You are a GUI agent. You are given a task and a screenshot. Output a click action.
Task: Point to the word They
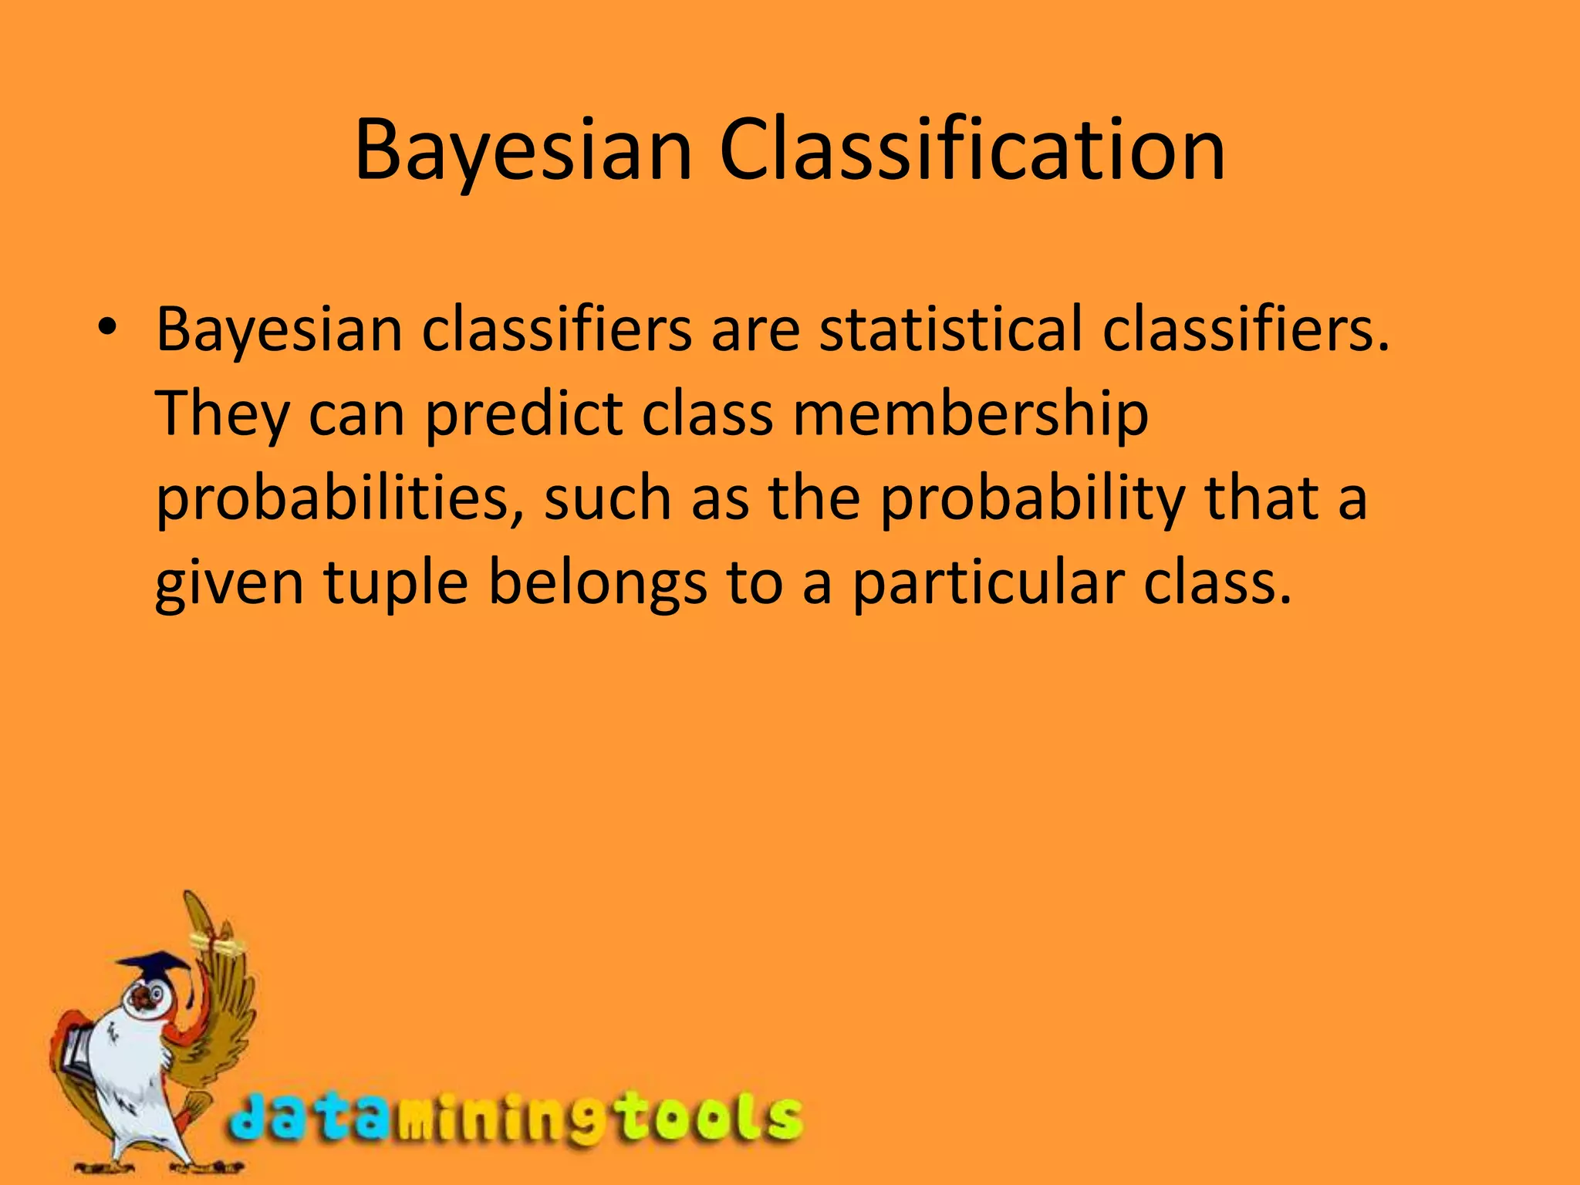[222, 414]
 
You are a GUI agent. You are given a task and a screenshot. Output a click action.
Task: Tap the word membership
[971, 414]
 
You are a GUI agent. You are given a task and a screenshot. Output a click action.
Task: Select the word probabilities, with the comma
[339, 499]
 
